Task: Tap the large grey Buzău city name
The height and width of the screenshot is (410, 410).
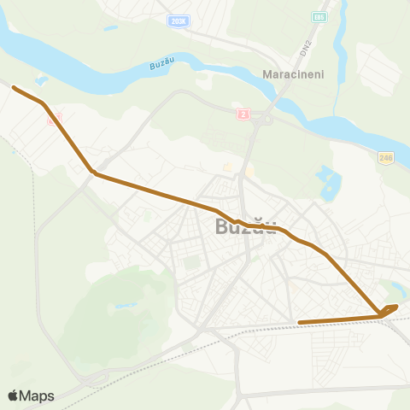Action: [245, 227]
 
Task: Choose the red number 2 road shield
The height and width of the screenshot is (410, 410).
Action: [243, 113]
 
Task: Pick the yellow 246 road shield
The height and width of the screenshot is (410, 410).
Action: [386, 157]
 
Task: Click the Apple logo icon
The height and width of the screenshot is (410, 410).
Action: [13, 395]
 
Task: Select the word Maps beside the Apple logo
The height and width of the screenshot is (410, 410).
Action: [38, 395]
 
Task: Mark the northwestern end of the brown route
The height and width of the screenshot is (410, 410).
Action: [14, 87]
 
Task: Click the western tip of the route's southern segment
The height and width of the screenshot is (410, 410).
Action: [299, 322]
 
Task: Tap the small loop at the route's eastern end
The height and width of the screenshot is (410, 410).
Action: [389, 309]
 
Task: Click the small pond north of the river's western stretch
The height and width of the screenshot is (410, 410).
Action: [111, 27]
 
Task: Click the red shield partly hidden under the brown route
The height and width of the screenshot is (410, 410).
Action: [54, 120]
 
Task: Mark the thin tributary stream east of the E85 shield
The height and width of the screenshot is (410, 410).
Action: [342, 34]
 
